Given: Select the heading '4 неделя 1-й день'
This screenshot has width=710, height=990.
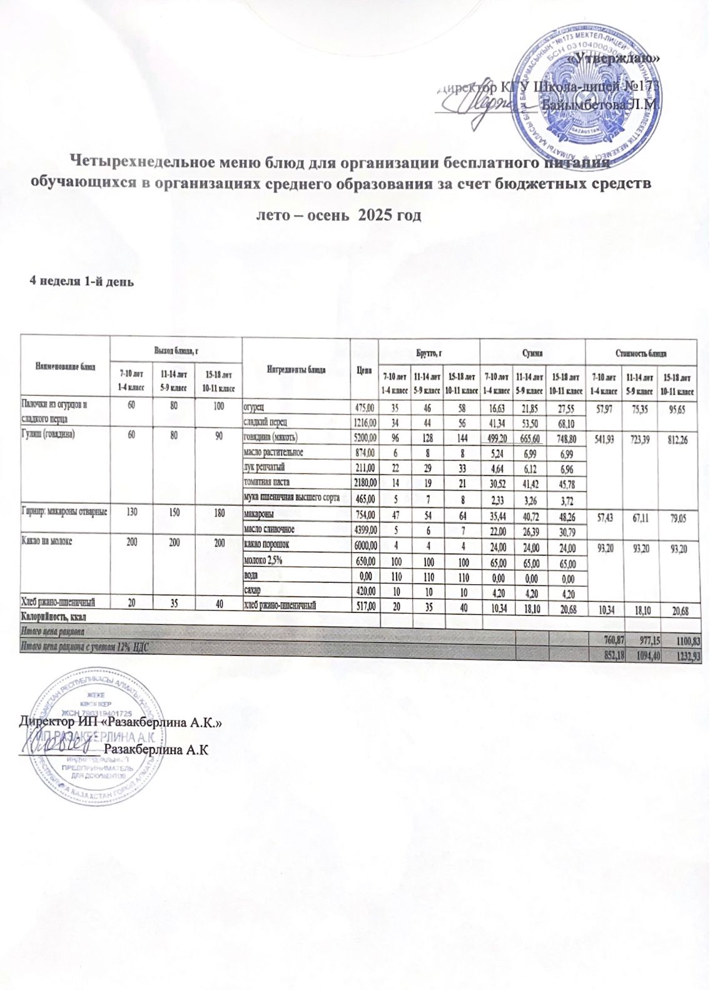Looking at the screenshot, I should click(82, 280).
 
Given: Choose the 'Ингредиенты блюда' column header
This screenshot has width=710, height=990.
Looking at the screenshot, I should click(296, 368).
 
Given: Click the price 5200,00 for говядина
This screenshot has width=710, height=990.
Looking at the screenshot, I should click(365, 436).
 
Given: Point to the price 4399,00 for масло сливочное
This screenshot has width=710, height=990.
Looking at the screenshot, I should click(365, 529).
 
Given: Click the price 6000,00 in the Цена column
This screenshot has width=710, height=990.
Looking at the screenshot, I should click(365, 545).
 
